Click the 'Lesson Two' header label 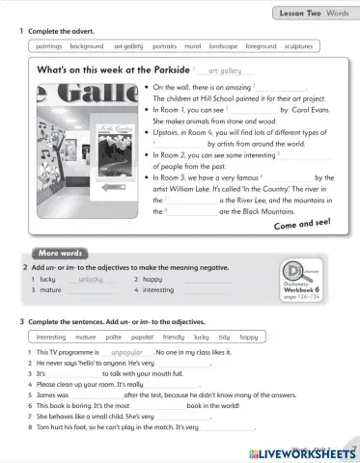click(299, 13)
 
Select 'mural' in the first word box click(192, 45)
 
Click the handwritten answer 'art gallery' click(225, 70)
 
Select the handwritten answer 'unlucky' click(90, 278)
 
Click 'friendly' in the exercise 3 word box click(173, 338)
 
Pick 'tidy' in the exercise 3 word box click(223, 338)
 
